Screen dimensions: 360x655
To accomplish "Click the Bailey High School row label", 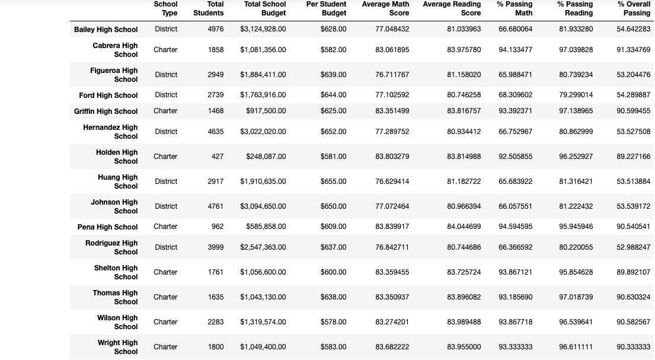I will [106, 29].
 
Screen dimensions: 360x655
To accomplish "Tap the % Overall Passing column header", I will [634, 8].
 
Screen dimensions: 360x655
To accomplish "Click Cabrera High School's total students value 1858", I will [216, 50].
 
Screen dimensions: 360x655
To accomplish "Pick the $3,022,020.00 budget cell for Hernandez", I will [263, 132].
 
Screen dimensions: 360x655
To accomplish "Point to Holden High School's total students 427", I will [218, 157].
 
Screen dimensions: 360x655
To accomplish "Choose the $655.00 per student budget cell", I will [333, 181].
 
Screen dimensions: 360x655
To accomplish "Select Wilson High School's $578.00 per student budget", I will [333, 322].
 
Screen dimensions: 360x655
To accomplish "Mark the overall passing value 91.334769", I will [633, 50].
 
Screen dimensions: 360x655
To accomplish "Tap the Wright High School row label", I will [117, 347].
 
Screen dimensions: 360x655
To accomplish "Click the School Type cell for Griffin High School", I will [165, 111].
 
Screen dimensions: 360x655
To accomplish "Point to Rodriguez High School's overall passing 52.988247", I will [633, 247].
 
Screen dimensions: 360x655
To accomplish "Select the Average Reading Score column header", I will [452, 8].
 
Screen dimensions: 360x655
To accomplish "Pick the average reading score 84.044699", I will [464, 227].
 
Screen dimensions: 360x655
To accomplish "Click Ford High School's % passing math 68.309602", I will [515, 95].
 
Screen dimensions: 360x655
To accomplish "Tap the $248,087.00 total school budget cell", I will [266, 157].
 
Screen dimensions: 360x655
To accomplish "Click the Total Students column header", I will [209, 8].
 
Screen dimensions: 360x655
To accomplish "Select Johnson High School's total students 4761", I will [216, 206].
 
